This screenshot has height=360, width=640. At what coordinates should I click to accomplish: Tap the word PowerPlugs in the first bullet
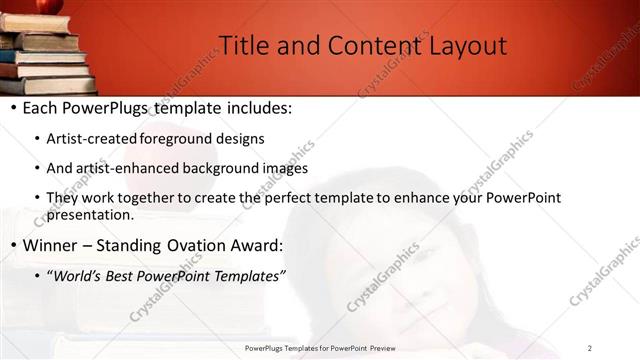[x=108, y=107]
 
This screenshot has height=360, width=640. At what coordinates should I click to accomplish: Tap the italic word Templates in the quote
[x=249, y=275]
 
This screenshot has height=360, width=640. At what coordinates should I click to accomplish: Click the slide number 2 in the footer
[x=590, y=348]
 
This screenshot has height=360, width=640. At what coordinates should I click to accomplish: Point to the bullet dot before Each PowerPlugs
[x=13, y=108]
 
